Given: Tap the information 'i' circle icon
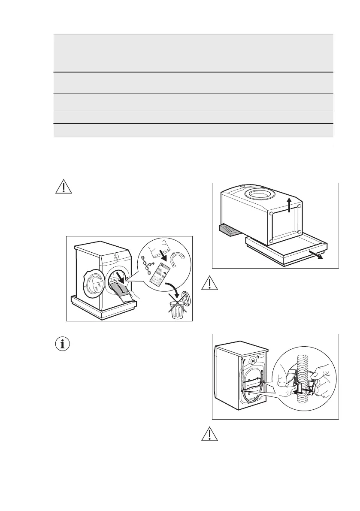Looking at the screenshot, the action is (x=64, y=344).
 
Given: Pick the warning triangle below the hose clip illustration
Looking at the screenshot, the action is (x=209, y=435).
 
